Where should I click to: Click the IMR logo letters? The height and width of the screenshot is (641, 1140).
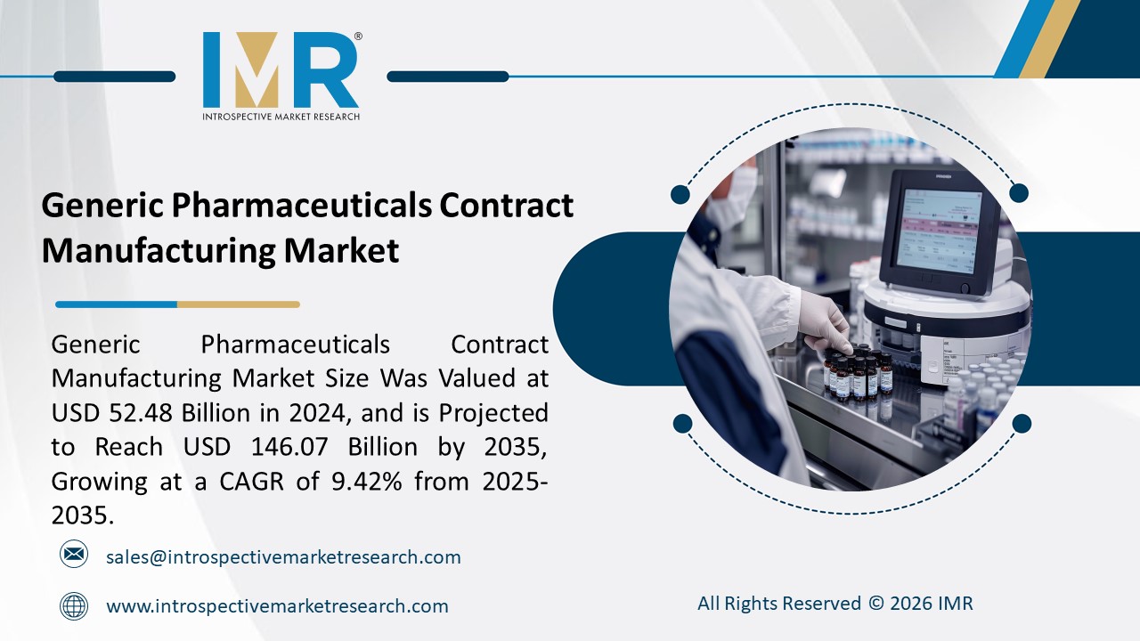click(281, 70)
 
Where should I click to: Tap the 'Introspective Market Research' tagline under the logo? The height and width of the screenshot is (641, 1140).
click(281, 117)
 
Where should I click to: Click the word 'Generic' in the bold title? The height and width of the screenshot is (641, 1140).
click(103, 207)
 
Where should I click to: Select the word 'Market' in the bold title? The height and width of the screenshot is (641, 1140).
click(341, 251)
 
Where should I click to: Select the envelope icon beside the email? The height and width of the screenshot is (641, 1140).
click(74, 555)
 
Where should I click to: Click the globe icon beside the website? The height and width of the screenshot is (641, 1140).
click(74, 606)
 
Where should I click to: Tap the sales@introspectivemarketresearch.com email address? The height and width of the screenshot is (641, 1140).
click(283, 557)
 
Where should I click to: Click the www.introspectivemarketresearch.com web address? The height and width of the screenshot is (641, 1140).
click(277, 606)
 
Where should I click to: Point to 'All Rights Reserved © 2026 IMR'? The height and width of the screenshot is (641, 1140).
click(835, 604)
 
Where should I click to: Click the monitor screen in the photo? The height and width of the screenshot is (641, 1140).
click(937, 230)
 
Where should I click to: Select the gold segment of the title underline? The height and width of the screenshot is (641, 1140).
click(238, 304)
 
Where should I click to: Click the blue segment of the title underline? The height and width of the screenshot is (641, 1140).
click(116, 304)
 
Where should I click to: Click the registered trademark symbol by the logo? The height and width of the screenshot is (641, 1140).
click(358, 37)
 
